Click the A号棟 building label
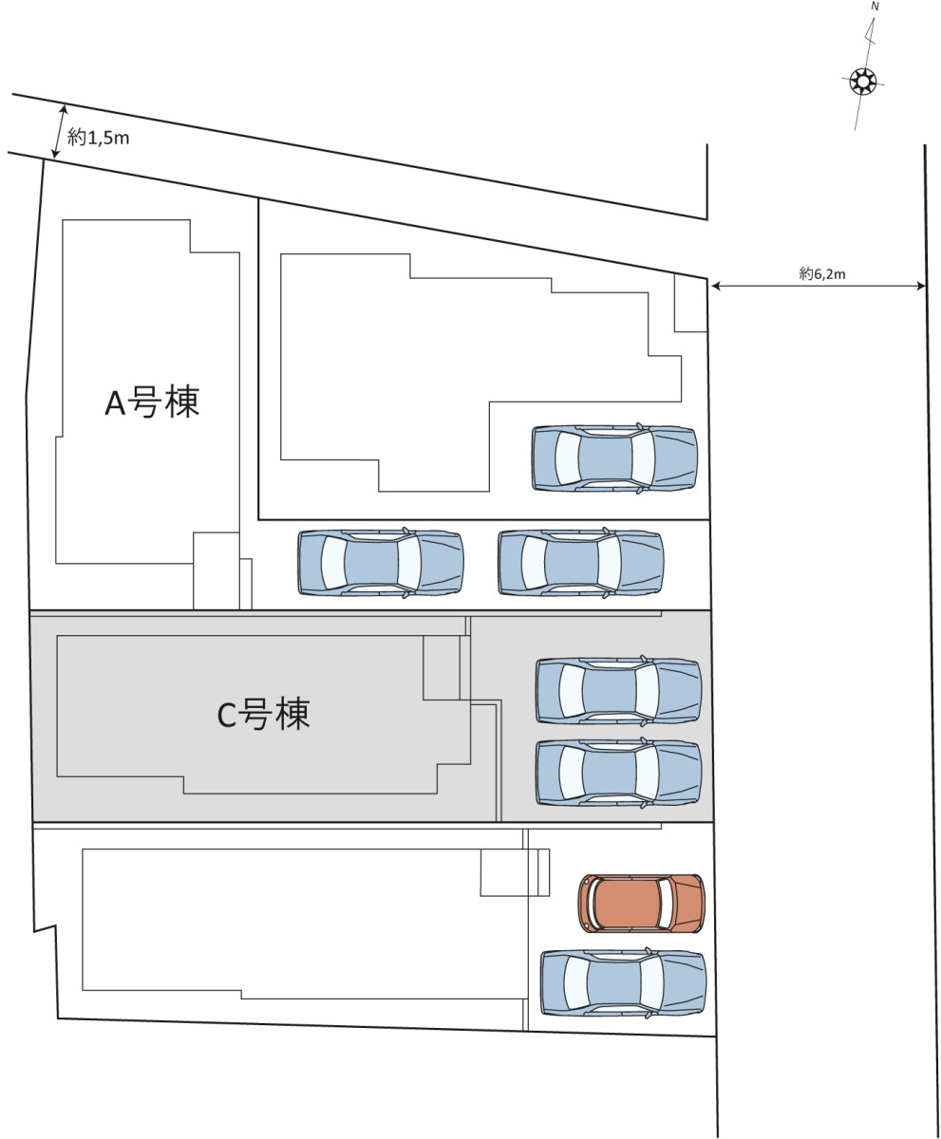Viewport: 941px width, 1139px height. click(152, 402)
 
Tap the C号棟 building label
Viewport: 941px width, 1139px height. click(263, 714)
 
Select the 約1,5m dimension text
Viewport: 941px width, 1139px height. click(98, 139)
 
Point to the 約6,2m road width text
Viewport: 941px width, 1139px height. click(822, 274)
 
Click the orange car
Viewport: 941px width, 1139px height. click(642, 903)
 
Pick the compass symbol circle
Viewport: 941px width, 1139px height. click(863, 82)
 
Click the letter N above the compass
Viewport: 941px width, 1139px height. click(875, 6)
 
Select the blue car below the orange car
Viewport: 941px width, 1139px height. click(623, 983)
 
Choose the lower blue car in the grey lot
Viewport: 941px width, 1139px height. click(618, 773)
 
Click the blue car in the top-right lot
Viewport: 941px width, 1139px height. click(614, 458)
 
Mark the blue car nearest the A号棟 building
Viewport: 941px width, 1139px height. click(380, 563)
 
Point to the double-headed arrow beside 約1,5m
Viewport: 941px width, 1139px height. click(59, 130)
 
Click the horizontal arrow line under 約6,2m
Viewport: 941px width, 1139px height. click(818, 286)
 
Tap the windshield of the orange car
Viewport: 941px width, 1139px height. click(667, 903)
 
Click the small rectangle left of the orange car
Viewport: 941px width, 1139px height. click(515, 872)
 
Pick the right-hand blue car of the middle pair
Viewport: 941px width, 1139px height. click(580, 563)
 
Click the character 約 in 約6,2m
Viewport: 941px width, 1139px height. click(806, 274)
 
